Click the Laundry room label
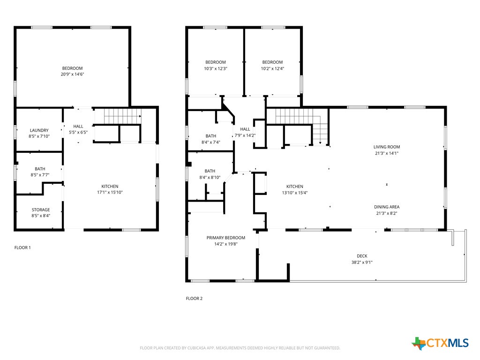pyautogui.click(x=39, y=130)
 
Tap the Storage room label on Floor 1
pyautogui.click(x=41, y=210)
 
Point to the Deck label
pyautogui.click(x=362, y=256)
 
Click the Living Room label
pyautogui.click(x=387, y=147)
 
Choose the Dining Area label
pyautogui.click(x=387, y=207)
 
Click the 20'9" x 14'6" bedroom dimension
pyautogui.click(x=72, y=75)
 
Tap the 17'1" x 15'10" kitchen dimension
pyautogui.click(x=110, y=192)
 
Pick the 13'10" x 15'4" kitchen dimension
pyautogui.click(x=295, y=193)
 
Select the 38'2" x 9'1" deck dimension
pyautogui.click(x=362, y=262)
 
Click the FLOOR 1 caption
pyautogui.click(x=22, y=247)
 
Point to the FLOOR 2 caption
pyautogui.click(x=194, y=298)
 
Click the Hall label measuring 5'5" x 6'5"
pyautogui.click(x=78, y=126)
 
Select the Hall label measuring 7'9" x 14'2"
pyautogui.click(x=245, y=129)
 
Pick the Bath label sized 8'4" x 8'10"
pyautogui.click(x=210, y=171)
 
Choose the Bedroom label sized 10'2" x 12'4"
pyautogui.click(x=272, y=62)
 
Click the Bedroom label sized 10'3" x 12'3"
pyautogui.click(x=216, y=62)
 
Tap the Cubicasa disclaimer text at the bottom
pyautogui.click(x=240, y=348)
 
